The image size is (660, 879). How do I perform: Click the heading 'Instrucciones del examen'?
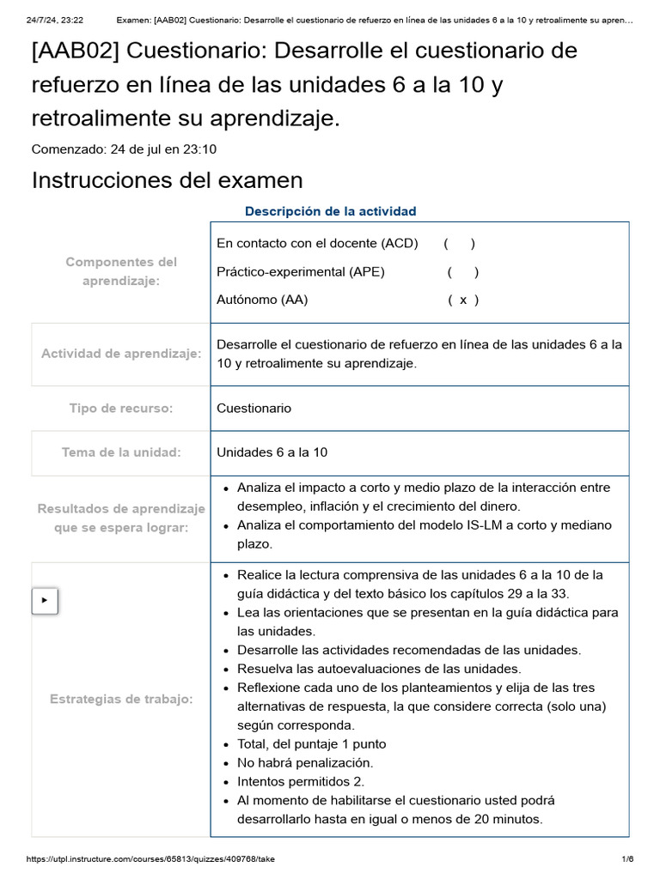pos(167,180)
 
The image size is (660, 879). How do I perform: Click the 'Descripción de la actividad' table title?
pos(330,211)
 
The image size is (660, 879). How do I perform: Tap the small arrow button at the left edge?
pos(45,601)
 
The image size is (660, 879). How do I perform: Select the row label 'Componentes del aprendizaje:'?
pos(121,271)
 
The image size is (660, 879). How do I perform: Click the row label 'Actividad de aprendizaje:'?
pos(121,354)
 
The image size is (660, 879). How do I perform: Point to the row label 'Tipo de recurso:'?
pos(121,409)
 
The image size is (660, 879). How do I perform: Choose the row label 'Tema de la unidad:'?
pos(121,452)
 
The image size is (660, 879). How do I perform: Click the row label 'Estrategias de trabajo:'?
pos(121,699)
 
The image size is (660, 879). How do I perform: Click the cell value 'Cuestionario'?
pos(254,409)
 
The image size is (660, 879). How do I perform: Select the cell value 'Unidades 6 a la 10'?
pos(272,452)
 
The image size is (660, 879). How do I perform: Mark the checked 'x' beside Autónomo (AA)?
pos(463,300)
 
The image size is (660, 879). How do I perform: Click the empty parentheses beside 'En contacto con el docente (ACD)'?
pos(460,243)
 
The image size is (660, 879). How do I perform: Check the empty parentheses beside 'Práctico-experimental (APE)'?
pos(463,272)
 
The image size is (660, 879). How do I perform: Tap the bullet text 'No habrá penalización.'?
pos(305,762)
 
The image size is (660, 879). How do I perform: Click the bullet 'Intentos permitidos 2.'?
pos(301,781)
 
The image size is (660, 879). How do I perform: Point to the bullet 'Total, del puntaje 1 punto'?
pos(311,743)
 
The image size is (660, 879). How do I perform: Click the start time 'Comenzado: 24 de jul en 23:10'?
pos(124,149)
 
